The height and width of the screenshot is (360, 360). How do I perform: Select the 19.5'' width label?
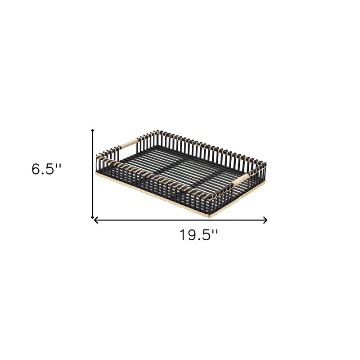tap(199, 235)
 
